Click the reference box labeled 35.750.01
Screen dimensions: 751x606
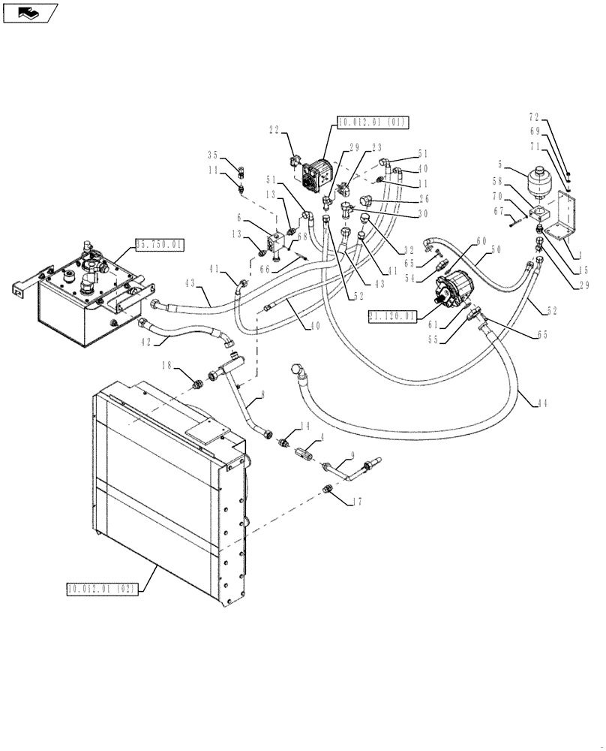tap(159, 244)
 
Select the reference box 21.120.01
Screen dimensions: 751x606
tap(391, 316)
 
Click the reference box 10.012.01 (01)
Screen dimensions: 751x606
tap(363, 122)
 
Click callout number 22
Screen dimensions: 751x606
tap(275, 130)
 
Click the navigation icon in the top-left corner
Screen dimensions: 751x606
tap(29, 12)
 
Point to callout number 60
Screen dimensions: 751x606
tap(480, 241)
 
